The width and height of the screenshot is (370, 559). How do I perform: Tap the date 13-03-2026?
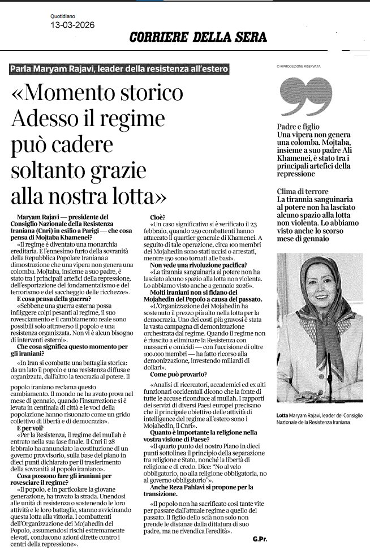pyautogui.click(x=72, y=25)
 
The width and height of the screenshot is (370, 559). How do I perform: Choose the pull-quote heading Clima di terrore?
pyautogui.click(x=303, y=191)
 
